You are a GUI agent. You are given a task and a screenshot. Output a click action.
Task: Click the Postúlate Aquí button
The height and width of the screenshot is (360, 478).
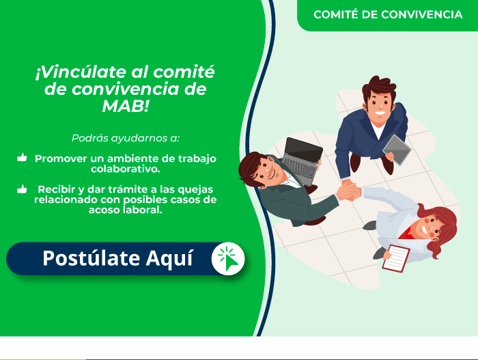tap(126, 259)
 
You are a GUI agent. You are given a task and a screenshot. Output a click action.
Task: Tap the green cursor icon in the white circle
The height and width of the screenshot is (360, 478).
tap(229, 260)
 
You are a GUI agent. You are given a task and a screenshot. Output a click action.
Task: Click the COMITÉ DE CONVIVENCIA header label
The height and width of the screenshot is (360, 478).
tap(388, 14)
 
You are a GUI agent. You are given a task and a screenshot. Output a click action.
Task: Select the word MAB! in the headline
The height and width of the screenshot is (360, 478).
tap(125, 106)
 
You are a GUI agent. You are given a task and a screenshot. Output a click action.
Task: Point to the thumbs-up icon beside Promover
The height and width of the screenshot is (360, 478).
tap(22, 157)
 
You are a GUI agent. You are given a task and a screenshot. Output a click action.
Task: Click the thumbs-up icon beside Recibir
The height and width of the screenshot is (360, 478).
tap(22, 189)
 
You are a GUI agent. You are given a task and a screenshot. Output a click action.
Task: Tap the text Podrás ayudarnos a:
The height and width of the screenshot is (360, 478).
tap(126, 138)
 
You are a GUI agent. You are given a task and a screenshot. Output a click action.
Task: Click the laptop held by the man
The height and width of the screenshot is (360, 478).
tap(302, 161)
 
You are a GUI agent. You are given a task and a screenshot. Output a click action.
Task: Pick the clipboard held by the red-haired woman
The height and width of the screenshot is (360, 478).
tap(396, 258)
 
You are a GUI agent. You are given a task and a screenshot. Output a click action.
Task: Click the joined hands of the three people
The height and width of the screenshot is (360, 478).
tap(349, 191)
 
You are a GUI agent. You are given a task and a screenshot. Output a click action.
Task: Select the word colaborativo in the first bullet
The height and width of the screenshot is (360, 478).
tap(125, 169)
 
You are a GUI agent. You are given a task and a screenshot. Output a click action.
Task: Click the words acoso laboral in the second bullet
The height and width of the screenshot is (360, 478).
tap(125, 210)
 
